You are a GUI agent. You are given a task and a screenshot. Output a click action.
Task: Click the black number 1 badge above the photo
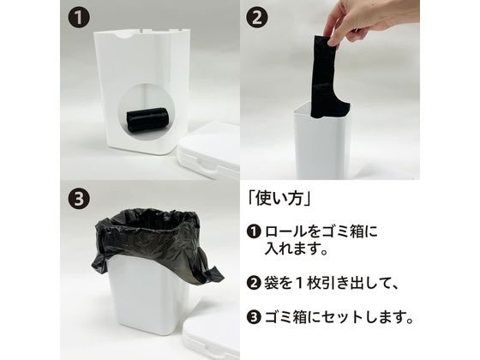(79, 18)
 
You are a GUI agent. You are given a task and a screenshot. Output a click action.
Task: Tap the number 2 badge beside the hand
(257, 18)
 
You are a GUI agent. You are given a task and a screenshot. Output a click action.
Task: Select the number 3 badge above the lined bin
(79, 198)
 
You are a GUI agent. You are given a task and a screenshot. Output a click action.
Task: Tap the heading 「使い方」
(279, 198)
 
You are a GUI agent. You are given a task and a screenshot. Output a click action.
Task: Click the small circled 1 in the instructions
(254, 231)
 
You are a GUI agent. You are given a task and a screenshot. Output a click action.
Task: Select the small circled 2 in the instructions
(254, 283)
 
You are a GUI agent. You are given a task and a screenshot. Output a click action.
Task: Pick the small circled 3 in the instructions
(254, 317)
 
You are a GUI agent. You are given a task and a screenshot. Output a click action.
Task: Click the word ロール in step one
(285, 231)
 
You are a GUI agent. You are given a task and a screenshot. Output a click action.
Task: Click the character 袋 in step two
(272, 283)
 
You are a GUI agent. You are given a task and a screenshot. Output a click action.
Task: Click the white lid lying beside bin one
(209, 149)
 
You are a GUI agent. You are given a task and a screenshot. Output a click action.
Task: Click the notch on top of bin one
(124, 35)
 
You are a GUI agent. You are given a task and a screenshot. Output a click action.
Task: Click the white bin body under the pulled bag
(321, 144)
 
